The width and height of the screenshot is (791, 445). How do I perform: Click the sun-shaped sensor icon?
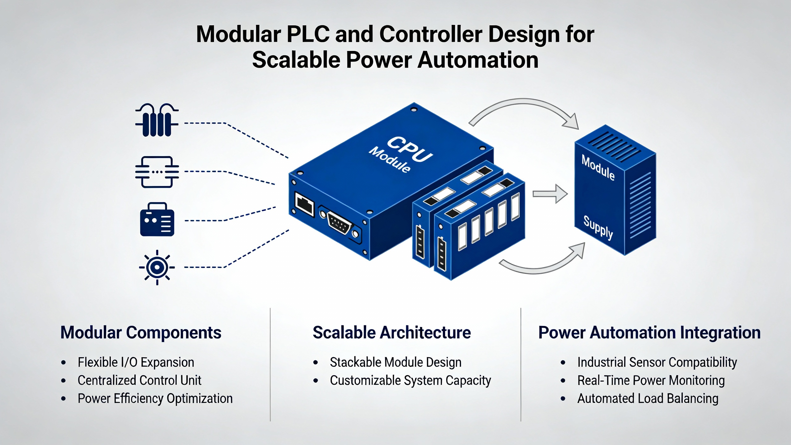click(x=157, y=267)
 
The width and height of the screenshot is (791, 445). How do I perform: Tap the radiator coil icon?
click(x=157, y=120)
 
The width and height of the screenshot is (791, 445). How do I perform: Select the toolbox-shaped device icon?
click(x=157, y=219)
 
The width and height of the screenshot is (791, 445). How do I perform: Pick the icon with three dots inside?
click(x=157, y=172)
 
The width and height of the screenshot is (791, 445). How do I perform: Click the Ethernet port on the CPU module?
click(x=304, y=204)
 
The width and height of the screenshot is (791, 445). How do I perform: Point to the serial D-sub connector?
click(x=340, y=223)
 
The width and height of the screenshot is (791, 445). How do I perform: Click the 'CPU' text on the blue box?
click(x=410, y=150)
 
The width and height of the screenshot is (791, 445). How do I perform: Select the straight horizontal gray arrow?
click(x=550, y=194)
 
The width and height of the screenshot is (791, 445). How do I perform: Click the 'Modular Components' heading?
click(x=141, y=333)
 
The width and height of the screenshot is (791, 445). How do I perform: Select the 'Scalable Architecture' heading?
click(x=392, y=333)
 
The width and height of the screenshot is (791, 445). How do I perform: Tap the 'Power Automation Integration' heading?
click(x=649, y=333)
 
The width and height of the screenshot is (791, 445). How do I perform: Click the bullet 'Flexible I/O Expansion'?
click(x=136, y=362)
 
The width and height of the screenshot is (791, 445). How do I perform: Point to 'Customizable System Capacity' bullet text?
click(x=410, y=380)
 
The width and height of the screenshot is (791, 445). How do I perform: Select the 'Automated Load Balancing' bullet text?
click(x=648, y=399)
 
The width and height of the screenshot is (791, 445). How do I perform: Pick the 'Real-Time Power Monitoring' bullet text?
click(x=651, y=380)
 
